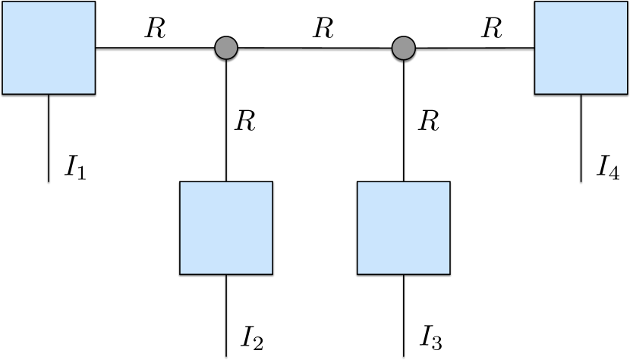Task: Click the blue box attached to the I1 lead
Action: (x=49, y=48)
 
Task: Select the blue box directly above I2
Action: (x=225, y=227)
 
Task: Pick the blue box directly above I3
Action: (x=404, y=227)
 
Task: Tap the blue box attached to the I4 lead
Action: (x=581, y=48)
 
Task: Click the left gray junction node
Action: (x=226, y=48)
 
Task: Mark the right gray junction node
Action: (x=404, y=49)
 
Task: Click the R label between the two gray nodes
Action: (x=323, y=29)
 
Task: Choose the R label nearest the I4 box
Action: (x=492, y=29)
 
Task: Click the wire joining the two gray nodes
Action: (x=315, y=49)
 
